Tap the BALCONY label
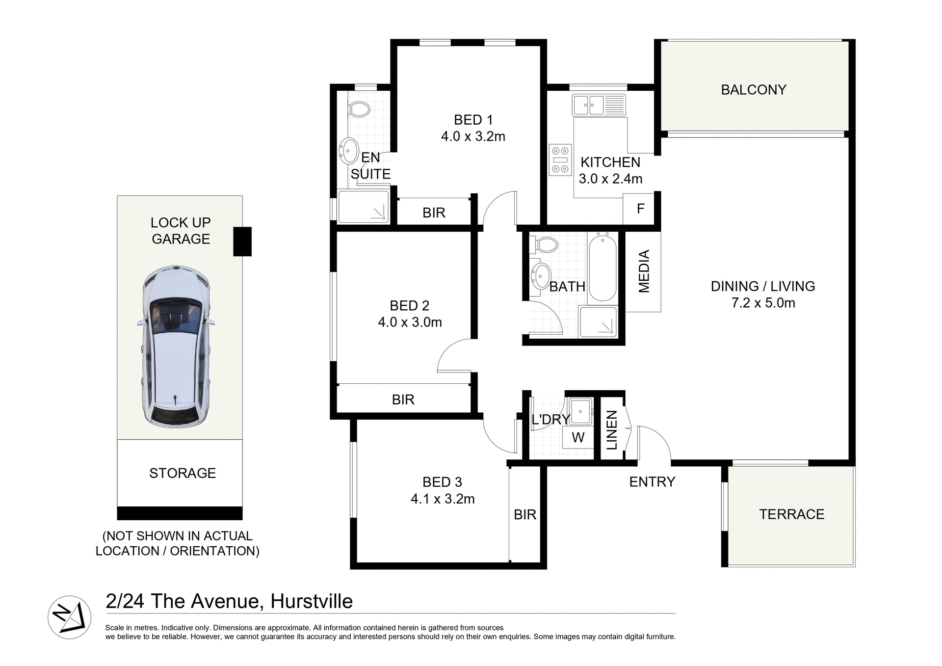pos(753,90)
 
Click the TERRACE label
pos(791,514)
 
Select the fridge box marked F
pos(640,209)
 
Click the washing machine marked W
pos(578,437)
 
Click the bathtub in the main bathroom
pos(602,268)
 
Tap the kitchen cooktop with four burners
pos(560,160)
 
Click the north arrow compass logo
pos(70,617)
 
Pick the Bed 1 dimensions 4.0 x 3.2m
pos(473,136)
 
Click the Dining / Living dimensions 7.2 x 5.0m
pos(763,303)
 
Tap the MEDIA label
pos(644,271)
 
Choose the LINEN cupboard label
pos(611,430)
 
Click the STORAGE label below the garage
pos(183,473)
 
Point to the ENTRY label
pos(652,482)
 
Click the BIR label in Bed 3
pos(525,514)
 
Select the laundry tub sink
pos(580,410)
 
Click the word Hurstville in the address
pos(312,601)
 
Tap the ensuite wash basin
pos(349,150)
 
